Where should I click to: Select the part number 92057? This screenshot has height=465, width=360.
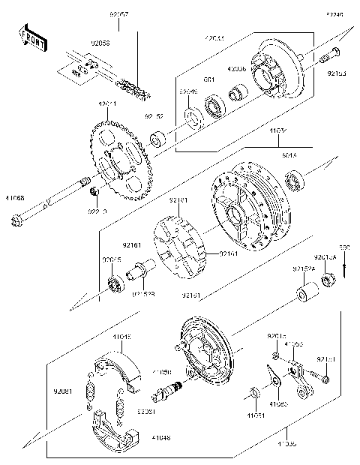pos(119,15)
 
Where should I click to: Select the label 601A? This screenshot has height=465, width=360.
pos(289,155)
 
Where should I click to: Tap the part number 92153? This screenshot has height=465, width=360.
pos(336,75)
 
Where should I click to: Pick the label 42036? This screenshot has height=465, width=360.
pos(236,67)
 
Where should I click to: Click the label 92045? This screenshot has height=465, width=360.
pos(111,262)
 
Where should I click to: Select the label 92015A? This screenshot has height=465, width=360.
pos(325,256)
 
